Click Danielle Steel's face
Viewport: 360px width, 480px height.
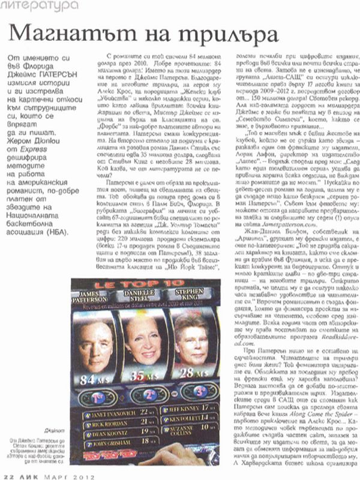pos(145,339)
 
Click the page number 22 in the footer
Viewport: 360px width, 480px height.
pos(8,475)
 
